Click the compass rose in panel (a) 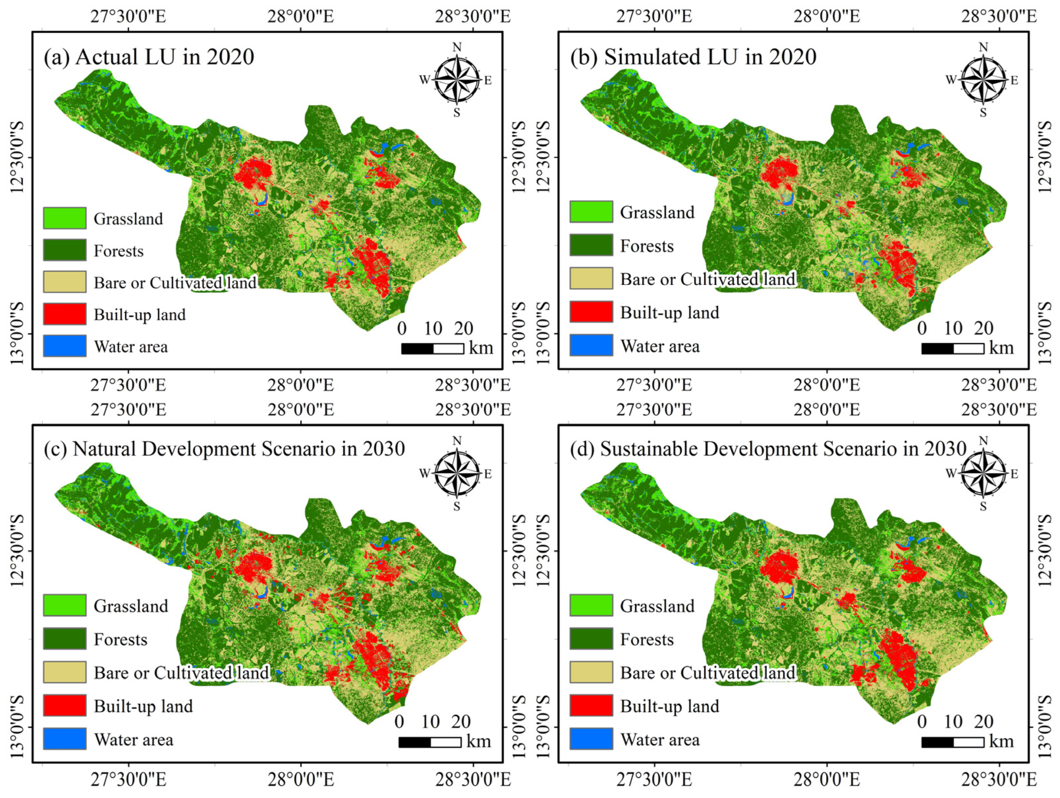[x=457, y=80]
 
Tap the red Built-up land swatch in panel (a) [x=65, y=314]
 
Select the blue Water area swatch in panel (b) [x=591, y=345]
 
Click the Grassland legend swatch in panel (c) [x=65, y=605]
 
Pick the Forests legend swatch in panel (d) [x=591, y=639]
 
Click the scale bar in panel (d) [x=952, y=742]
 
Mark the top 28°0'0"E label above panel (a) [x=301, y=16]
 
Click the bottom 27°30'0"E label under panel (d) [x=654, y=779]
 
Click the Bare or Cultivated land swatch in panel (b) [x=591, y=278]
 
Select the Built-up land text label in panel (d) [x=669, y=706]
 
